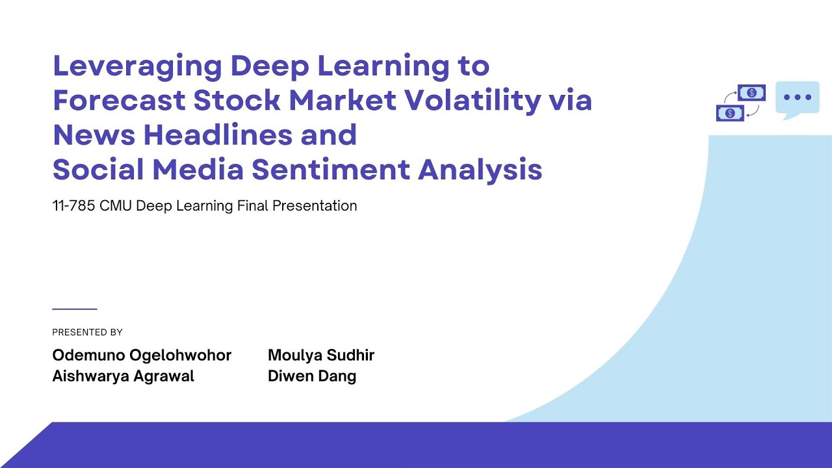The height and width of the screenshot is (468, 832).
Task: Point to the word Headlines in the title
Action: point(211,135)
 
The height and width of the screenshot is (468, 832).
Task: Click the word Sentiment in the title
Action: point(331,170)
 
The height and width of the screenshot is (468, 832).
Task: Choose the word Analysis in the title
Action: point(480,170)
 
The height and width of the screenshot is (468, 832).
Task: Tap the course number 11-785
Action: point(73,206)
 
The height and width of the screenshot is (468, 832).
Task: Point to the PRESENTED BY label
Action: point(87,332)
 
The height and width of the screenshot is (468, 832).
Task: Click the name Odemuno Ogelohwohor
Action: point(142,356)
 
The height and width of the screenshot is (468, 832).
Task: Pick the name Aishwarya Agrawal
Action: point(123,376)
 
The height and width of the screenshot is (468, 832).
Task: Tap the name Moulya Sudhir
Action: point(321,356)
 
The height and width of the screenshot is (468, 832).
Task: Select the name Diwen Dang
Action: point(312,376)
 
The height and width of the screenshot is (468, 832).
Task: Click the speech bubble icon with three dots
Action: point(797,99)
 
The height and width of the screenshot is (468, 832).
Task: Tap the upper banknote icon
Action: point(751,93)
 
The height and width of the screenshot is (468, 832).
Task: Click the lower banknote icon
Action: point(730,113)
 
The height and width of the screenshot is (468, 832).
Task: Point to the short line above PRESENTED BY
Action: point(74,309)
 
